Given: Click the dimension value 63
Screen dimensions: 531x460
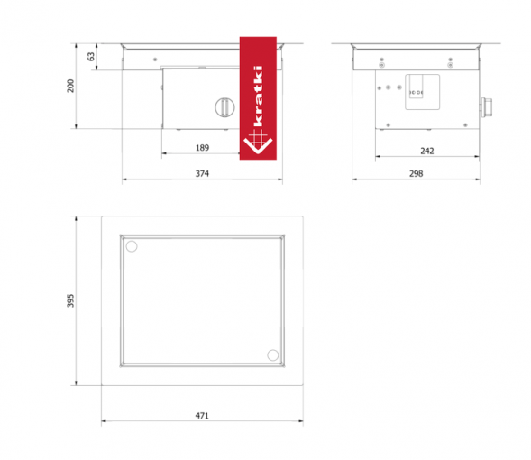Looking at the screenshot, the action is (x=91, y=57).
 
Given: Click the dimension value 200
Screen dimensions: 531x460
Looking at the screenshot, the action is (x=70, y=86).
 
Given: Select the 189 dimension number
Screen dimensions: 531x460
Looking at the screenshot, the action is (x=202, y=148).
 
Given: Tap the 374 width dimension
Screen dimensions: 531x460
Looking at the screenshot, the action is (x=202, y=173).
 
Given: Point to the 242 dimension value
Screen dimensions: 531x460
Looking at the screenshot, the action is (x=427, y=151).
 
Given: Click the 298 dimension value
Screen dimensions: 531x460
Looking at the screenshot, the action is (x=417, y=173).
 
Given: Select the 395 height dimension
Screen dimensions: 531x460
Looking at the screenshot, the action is (x=70, y=300).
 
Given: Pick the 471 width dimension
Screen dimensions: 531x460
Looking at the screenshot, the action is (x=202, y=415).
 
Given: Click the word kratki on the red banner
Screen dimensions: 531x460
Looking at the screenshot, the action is (x=258, y=96).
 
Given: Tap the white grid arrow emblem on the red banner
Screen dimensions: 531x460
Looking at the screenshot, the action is (x=258, y=142).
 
